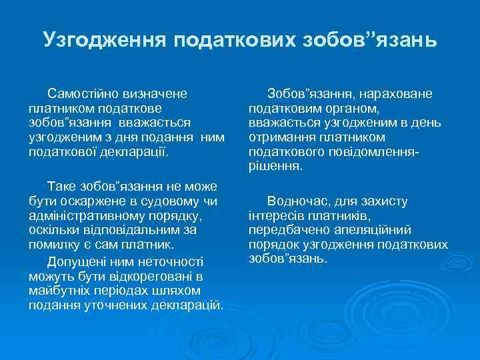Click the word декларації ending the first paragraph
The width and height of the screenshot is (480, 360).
pyautogui.click(x=137, y=151)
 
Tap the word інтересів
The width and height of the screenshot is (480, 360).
pyautogui.click(x=273, y=215)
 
